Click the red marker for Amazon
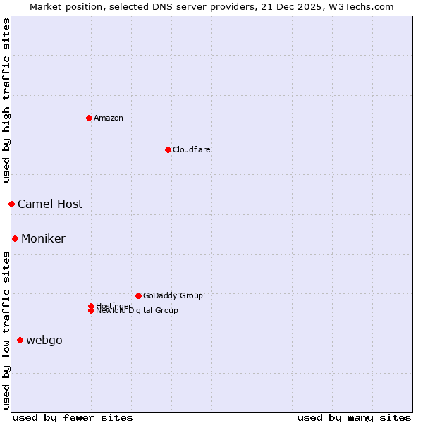tap(89, 118)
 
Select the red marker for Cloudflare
tap(168, 149)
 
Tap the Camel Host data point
tap(11, 204)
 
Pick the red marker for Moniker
tap(15, 238)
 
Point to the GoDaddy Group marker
tap(138, 295)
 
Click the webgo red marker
tap(20, 341)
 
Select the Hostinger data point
tap(91, 306)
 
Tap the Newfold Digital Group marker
tap(91, 311)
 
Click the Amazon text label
tap(109, 118)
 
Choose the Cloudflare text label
tap(192, 149)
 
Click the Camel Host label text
tap(50, 204)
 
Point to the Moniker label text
tap(43, 238)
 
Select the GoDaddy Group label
tap(173, 295)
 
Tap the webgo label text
tap(44, 341)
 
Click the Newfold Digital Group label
tap(137, 311)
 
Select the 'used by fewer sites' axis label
tap(73, 417)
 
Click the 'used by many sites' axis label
tap(354, 417)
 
